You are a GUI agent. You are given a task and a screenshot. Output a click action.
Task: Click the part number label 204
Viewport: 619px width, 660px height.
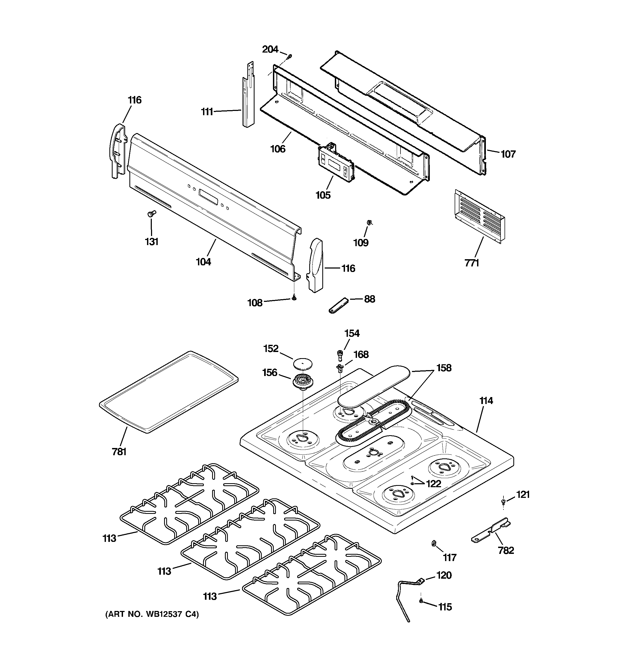(270, 50)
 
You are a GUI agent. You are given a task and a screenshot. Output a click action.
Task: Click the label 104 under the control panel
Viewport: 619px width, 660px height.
(203, 262)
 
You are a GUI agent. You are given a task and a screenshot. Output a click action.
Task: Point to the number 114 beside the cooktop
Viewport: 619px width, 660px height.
(486, 401)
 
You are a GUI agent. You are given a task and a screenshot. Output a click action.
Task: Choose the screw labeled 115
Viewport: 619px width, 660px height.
(421, 601)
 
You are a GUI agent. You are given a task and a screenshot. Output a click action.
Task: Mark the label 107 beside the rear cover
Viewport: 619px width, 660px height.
(508, 154)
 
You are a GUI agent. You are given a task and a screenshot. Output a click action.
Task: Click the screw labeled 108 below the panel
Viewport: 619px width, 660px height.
(294, 298)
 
